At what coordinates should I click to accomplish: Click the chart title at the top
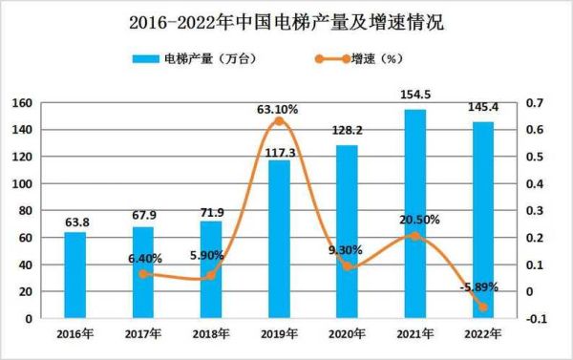click(x=286, y=20)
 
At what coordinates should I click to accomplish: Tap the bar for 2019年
click(x=279, y=239)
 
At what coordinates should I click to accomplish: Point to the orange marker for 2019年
click(x=279, y=121)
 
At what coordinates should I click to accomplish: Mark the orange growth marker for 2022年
click(x=482, y=307)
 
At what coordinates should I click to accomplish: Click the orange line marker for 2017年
click(x=143, y=274)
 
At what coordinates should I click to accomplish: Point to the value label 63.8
click(x=75, y=222)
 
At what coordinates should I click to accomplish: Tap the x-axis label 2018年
click(x=211, y=335)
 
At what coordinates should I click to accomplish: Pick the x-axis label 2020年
click(x=347, y=335)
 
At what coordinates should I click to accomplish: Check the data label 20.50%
click(x=420, y=220)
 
